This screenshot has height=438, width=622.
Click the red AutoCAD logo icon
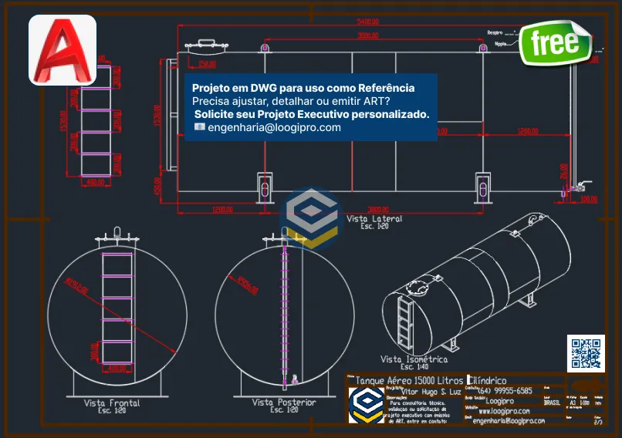63,49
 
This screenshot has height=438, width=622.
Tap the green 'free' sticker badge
555,43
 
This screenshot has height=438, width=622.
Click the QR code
586,354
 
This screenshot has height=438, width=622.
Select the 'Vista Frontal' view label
112,403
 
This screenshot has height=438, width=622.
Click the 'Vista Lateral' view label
374,219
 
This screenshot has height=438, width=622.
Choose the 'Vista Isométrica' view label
414,359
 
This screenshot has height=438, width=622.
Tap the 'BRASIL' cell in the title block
552,402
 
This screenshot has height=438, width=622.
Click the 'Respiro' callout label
495,33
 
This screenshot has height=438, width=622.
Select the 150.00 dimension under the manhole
206,64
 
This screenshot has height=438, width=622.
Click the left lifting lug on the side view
265,49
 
